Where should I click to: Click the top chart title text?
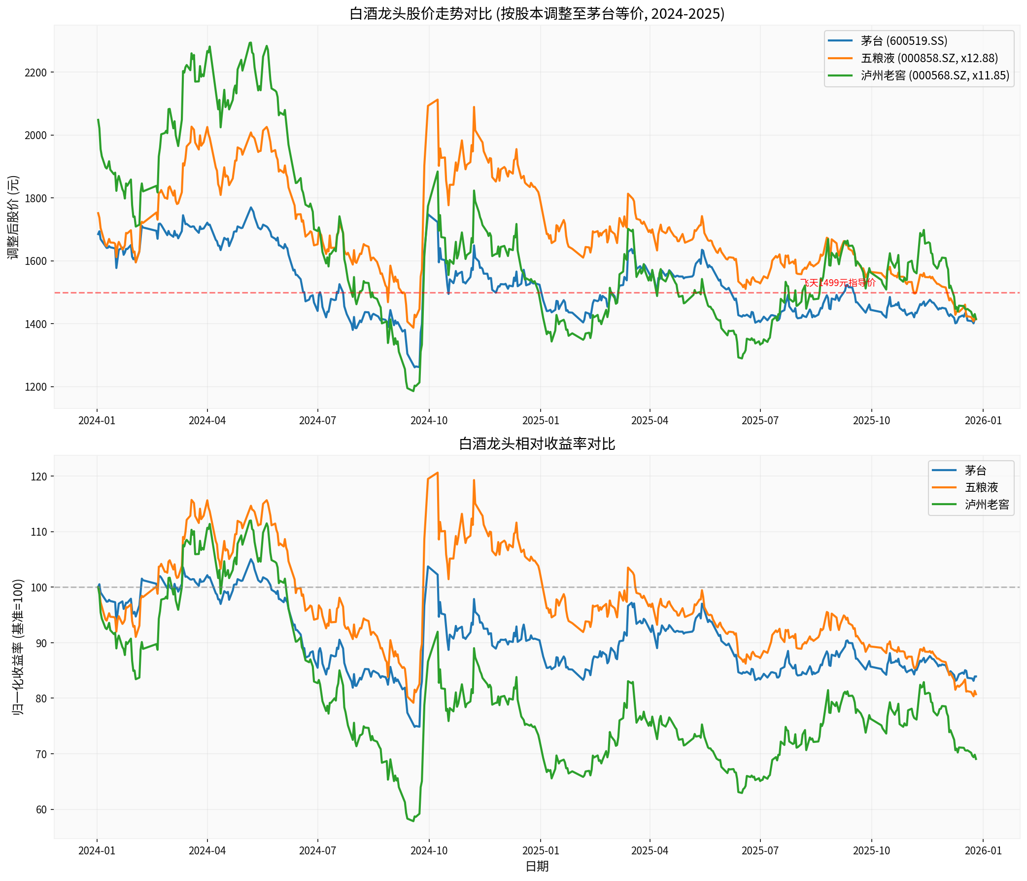[x=537, y=13]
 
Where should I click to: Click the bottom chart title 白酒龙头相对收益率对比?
[x=537, y=443]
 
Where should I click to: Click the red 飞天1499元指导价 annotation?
[x=838, y=283]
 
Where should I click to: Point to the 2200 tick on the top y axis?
[x=35, y=73]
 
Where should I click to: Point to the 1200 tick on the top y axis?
[x=35, y=387]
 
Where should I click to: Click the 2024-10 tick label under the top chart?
[x=429, y=421]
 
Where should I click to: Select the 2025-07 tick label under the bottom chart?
[x=760, y=850]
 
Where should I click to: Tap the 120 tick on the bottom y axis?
[x=39, y=476]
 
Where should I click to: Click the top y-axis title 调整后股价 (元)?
[x=13, y=217]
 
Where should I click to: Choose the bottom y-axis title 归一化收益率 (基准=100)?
[x=18, y=647]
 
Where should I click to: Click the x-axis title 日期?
[x=537, y=866]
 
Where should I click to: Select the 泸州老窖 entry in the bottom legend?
[x=987, y=505]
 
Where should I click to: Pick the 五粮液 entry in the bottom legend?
[x=981, y=487]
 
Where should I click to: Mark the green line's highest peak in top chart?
[x=250, y=42]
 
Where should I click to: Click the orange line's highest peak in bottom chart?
[x=437, y=473]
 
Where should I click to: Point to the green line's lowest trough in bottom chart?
[x=413, y=821]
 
